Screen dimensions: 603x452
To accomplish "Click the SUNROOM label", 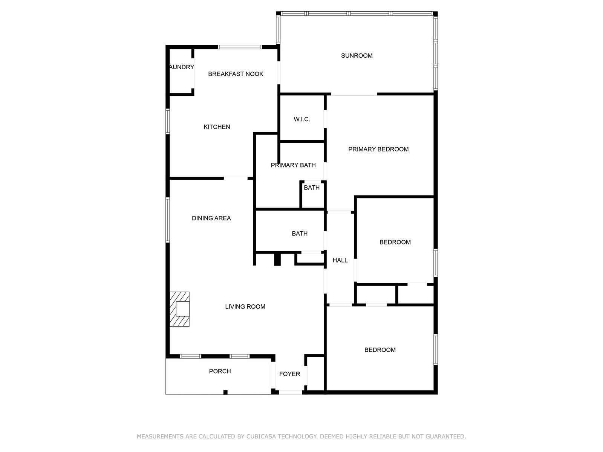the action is [x=357, y=56].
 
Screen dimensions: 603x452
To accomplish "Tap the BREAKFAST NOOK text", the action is [x=236, y=74].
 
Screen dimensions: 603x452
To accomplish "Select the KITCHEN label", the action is [x=217, y=127].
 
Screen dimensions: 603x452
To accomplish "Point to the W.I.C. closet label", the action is [x=301, y=119].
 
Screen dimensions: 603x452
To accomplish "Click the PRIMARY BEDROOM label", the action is [x=378, y=149].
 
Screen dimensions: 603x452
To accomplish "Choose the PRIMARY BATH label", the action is [x=293, y=165].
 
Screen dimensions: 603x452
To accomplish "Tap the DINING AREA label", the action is [x=211, y=218].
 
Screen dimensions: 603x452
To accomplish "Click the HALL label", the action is [x=340, y=260].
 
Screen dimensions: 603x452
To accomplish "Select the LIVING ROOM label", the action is [x=245, y=307].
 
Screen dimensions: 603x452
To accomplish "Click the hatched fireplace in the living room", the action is [x=179, y=309].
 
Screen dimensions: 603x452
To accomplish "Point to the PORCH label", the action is [x=220, y=371].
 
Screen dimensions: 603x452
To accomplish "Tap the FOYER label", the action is [x=289, y=374].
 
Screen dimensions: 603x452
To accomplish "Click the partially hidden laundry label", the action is [x=182, y=67].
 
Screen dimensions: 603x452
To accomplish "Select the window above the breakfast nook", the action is [x=240, y=47].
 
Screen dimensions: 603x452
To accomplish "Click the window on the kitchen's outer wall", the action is [x=168, y=121].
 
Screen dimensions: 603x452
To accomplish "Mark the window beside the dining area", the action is [x=168, y=220].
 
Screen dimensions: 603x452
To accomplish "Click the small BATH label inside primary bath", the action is [x=312, y=188].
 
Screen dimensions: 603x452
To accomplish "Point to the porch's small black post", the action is [x=225, y=392].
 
